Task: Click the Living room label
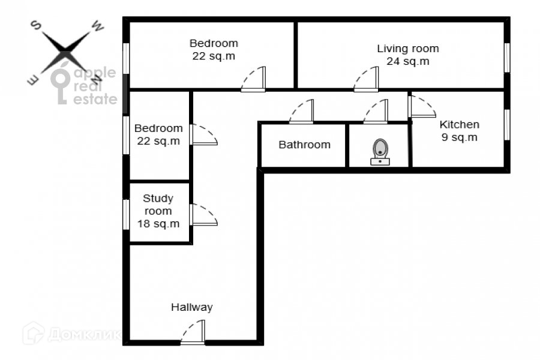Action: (x=407, y=49)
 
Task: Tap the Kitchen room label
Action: (x=460, y=125)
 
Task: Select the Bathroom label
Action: (x=304, y=145)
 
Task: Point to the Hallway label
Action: (x=192, y=307)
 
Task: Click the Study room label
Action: (x=158, y=205)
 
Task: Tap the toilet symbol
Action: (x=380, y=151)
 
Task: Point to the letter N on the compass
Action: (x=97, y=79)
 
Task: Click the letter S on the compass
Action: (x=36, y=25)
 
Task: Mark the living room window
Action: (x=506, y=58)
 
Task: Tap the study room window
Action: (x=127, y=214)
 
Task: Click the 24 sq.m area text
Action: (x=407, y=61)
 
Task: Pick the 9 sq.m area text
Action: (x=460, y=137)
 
